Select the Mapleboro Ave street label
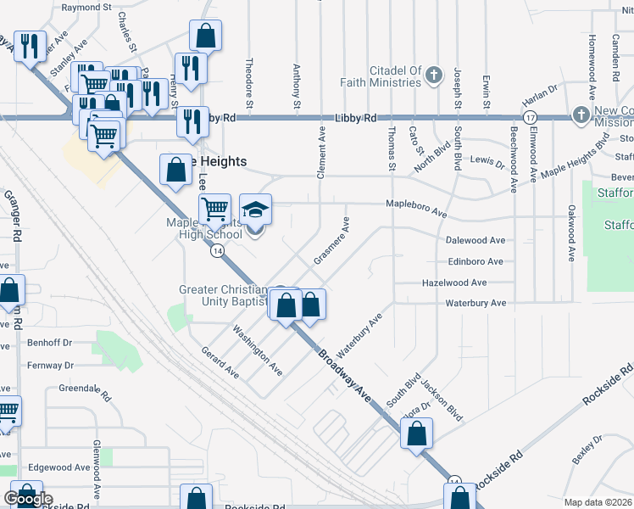[415, 204]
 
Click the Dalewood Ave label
[475, 241]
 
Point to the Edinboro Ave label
[475, 262]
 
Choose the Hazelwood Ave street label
[454, 282]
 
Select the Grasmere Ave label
[331, 241]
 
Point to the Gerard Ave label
[219, 361]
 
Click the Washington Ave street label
[258, 350]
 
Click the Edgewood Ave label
[59, 467]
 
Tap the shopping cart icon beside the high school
[215, 208]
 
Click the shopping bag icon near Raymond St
[206, 36]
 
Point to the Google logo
[28, 499]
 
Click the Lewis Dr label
[487, 159]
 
